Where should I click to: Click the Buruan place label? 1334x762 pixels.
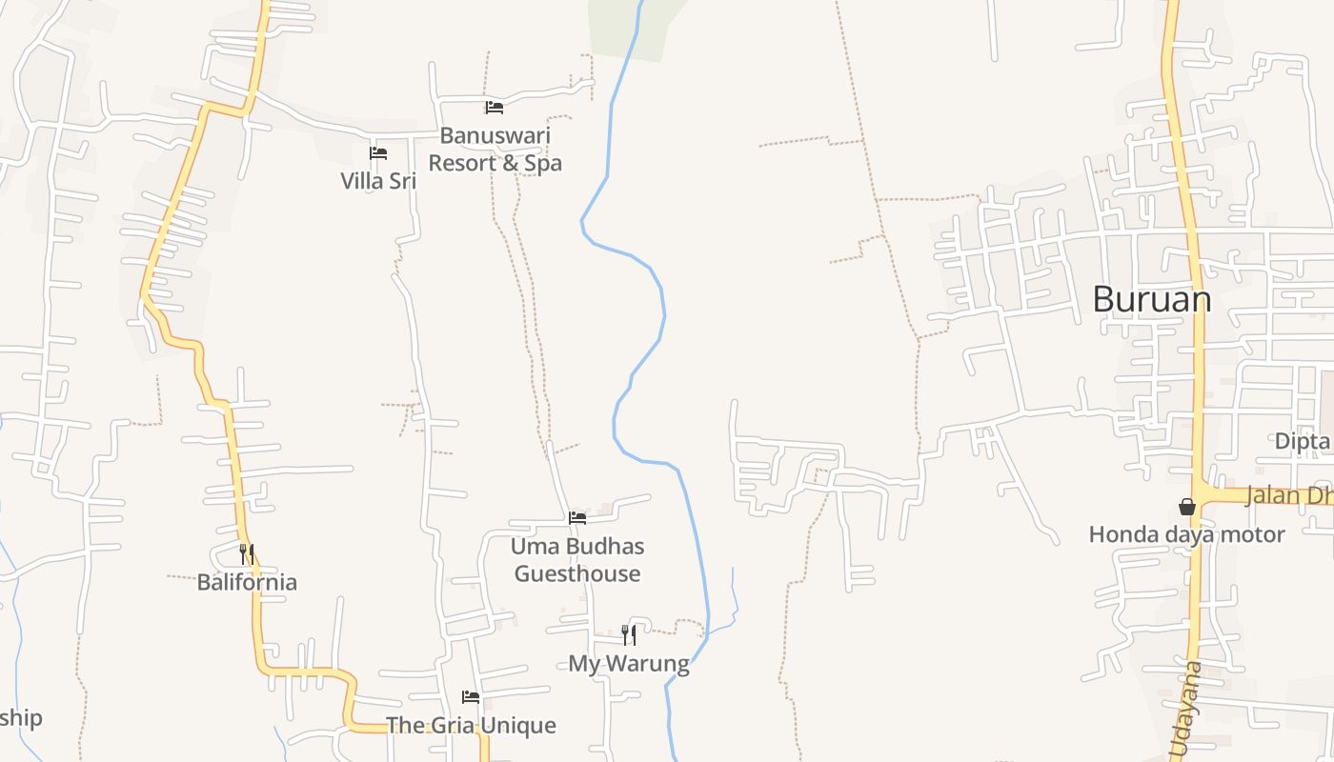click(1151, 299)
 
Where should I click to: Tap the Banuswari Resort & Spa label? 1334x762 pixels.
click(495, 150)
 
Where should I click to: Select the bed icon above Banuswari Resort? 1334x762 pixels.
click(494, 108)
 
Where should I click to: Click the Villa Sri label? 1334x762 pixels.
click(378, 180)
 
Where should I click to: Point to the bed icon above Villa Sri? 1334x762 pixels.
click(378, 153)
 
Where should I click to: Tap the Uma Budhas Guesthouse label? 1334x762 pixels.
click(577, 560)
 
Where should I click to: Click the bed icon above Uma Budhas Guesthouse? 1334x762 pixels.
click(577, 518)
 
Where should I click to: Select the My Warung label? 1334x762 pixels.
click(629, 663)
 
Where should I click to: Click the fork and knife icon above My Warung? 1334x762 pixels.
click(629, 634)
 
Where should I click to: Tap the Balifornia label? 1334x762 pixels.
click(247, 582)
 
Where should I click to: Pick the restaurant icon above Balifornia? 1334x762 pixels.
click(247, 553)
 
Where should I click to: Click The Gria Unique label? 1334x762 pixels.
click(471, 726)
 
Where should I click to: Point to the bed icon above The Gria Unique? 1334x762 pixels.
click(471, 697)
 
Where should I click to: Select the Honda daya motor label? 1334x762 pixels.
click(1186, 534)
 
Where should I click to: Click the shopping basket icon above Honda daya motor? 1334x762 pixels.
click(1187, 507)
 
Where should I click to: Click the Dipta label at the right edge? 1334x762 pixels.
click(1303, 441)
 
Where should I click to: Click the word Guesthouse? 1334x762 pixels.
click(577, 573)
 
